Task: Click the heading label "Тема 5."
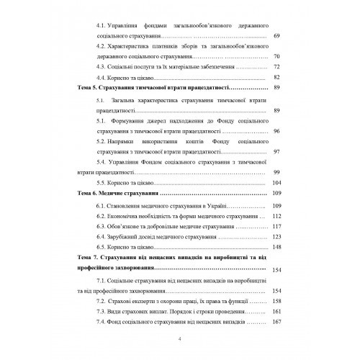[x=89, y=87]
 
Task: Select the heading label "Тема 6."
[x=89, y=194]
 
